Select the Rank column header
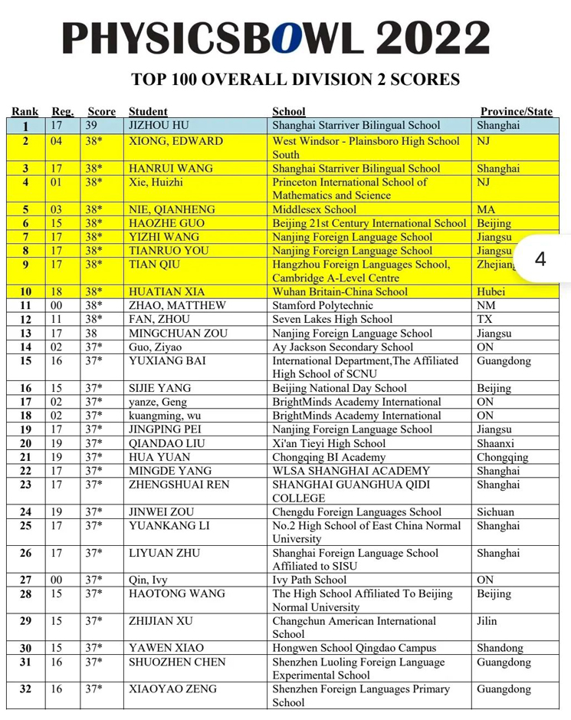[25, 111]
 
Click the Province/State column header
[516, 111]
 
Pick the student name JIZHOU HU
[159, 125]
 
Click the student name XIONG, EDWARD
[176, 141]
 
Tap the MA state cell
[485, 209]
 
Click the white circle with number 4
[540, 260]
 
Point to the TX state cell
[484, 319]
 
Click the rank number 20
[25, 443]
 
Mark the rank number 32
[25, 689]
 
